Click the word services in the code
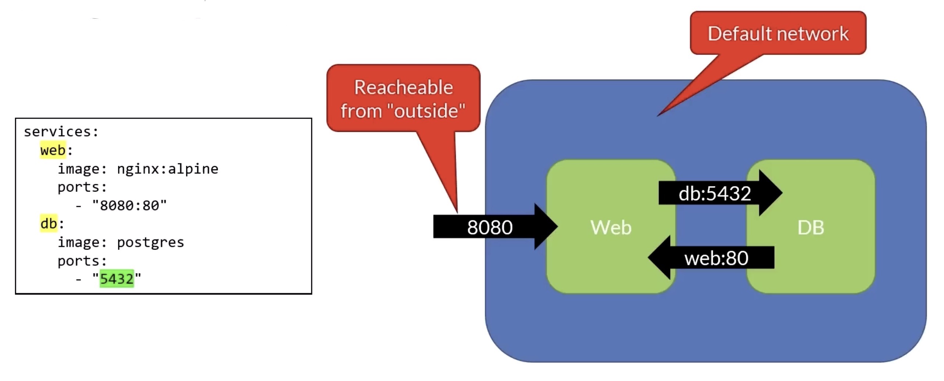click(59, 132)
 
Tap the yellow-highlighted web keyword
click(53, 150)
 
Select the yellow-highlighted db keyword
click(49, 224)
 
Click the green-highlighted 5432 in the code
click(117, 279)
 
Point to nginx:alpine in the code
click(168, 169)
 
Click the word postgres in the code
click(150, 242)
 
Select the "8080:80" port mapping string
click(129, 206)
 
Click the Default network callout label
click(778, 34)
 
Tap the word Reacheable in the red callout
click(403, 88)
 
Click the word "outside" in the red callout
click(426, 111)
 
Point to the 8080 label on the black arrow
click(490, 227)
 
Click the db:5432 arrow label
click(715, 193)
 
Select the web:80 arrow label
click(716, 258)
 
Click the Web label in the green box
click(611, 227)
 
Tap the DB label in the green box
click(811, 227)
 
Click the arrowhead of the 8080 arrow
click(545, 226)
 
